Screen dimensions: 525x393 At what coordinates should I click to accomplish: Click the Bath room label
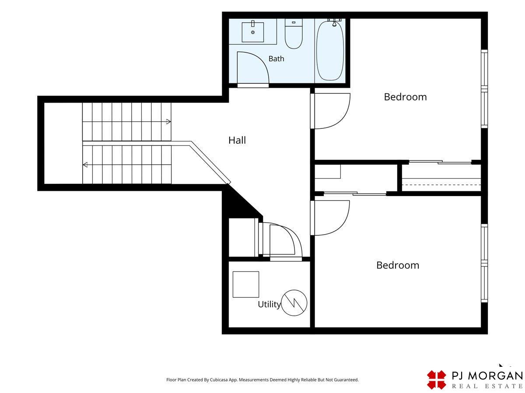coord(276,59)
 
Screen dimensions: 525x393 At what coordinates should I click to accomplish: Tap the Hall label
coord(237,140)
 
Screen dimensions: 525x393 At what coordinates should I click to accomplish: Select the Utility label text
coord(269,304)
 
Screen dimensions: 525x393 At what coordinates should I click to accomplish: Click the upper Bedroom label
coord(405,97)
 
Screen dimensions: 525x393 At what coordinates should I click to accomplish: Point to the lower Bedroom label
coord(398,265)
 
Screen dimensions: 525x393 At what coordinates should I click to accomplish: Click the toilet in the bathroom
coord(294,34)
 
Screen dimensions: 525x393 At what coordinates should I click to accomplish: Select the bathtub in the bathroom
coord(330,51)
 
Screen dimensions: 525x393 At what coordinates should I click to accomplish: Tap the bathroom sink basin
coord(253,32)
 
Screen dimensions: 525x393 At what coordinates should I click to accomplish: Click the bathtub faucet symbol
coord(334,22)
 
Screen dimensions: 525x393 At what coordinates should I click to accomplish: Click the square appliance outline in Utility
coord(246,284)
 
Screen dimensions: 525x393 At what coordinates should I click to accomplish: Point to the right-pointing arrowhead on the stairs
coord(168,122)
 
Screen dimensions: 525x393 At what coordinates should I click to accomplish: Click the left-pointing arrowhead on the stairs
coord(85,165)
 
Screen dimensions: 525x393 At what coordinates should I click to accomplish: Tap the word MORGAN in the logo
coord(495,376)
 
